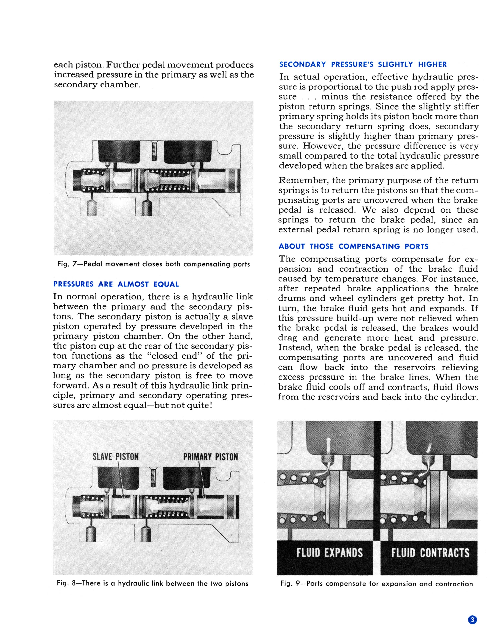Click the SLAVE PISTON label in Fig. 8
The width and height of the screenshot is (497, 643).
tap(115, 457)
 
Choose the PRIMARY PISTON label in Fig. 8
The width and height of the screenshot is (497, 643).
tap(210, 457)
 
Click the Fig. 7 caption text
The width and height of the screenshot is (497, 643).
tap(153, 264)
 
